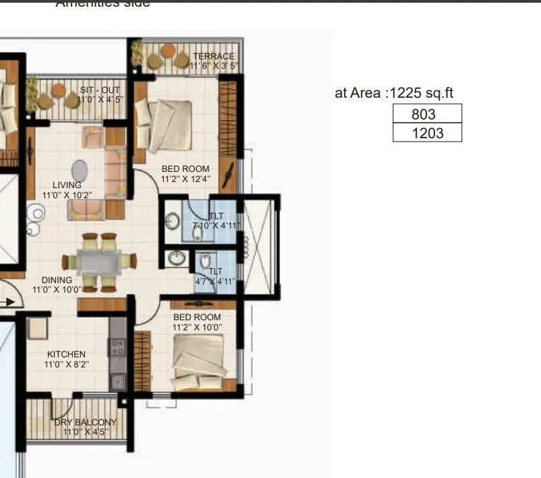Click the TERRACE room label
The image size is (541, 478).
point(213,57)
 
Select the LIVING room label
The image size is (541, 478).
point(67,185)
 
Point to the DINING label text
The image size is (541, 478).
point(57,280)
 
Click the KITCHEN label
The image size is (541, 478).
point(66,354)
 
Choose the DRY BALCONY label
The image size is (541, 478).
point(86,423)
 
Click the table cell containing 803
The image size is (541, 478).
point(427,114)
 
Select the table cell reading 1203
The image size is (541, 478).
point(427,133)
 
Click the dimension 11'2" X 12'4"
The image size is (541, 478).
point(186,179)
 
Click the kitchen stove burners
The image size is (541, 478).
point(117,348)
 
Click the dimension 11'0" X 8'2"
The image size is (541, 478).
point(66,364)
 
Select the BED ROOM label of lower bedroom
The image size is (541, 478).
point(197,317)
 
